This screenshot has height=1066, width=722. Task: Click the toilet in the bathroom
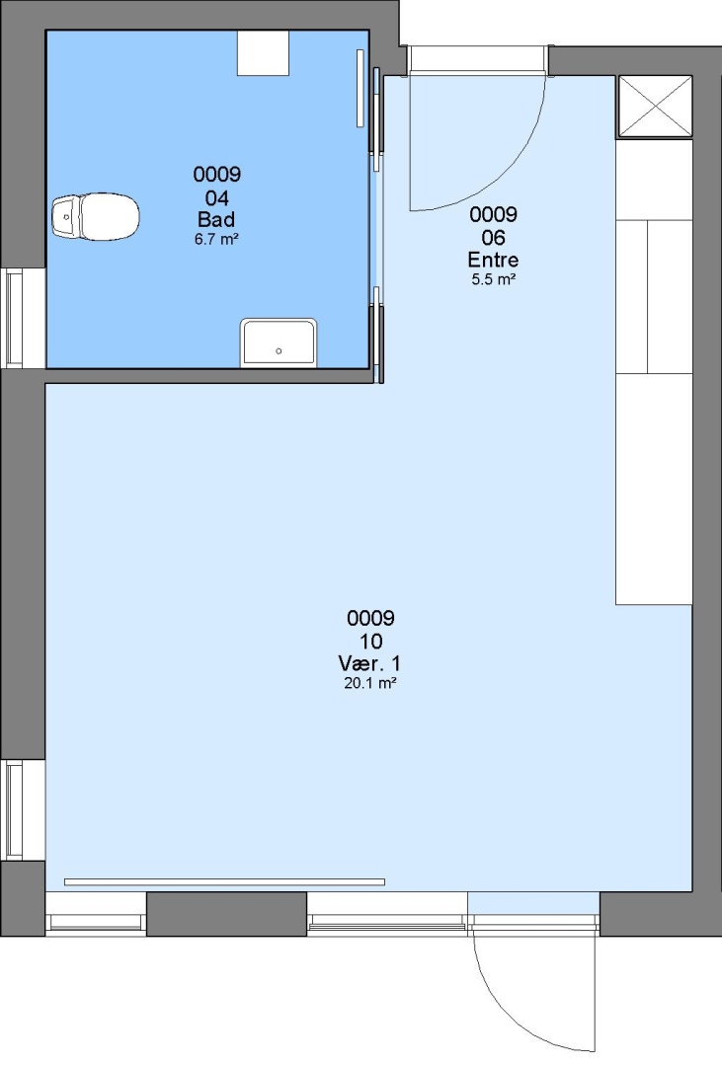(x=96, y=217)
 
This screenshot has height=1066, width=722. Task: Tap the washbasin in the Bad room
(x=279, y=343)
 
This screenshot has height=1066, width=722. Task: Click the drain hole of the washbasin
(x=279, y=351)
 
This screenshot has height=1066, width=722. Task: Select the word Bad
(x=216, y=219)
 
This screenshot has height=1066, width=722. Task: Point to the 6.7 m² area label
(x=216, y=239)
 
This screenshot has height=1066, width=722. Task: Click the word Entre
(x=494, y=260)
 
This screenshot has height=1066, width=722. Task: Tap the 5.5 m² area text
(x=494, y=279)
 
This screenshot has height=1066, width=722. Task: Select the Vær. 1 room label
(x=369, y=663)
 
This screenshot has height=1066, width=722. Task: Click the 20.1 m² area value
(x=369, y=683)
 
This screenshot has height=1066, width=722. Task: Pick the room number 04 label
(x=217, y=197)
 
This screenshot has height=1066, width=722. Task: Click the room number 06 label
(x=494, y=237)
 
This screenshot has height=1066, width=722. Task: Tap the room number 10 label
(x=370, y=642)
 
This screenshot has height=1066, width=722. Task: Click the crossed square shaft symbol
(x=654, y=107)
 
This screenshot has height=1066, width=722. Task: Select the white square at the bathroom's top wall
(x=263, y=52)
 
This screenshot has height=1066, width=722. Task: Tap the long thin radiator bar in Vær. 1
(x=224, y=881)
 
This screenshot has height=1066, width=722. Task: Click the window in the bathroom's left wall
(x=15, y=318)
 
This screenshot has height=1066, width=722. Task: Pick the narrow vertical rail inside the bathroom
(x=361, y=88)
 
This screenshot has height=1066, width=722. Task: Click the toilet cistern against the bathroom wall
(x=66, y=217)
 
